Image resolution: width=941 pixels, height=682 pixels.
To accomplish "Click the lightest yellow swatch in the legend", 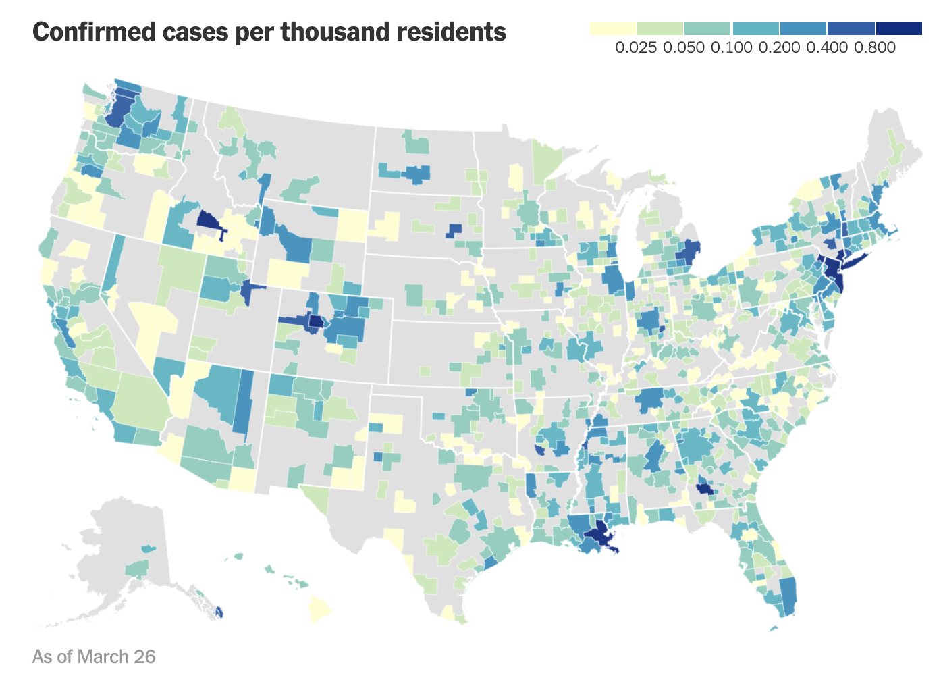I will tap(613, 28).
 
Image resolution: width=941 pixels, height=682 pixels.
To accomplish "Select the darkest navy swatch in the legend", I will tap(898, 28).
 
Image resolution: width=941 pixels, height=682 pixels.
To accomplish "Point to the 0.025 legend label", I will tap(636, 47).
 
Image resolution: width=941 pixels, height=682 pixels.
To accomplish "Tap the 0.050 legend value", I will tap(684, 47).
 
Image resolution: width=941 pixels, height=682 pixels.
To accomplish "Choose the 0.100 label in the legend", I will tap(732, 47).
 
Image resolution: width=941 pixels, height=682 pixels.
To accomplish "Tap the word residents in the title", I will tap(446, 32).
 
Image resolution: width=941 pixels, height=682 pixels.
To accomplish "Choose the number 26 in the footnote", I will tap(145, 656).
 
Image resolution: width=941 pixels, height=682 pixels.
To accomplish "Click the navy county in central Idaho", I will tap(208, 220).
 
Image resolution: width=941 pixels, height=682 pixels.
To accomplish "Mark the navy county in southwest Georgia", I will tap(703, 489).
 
